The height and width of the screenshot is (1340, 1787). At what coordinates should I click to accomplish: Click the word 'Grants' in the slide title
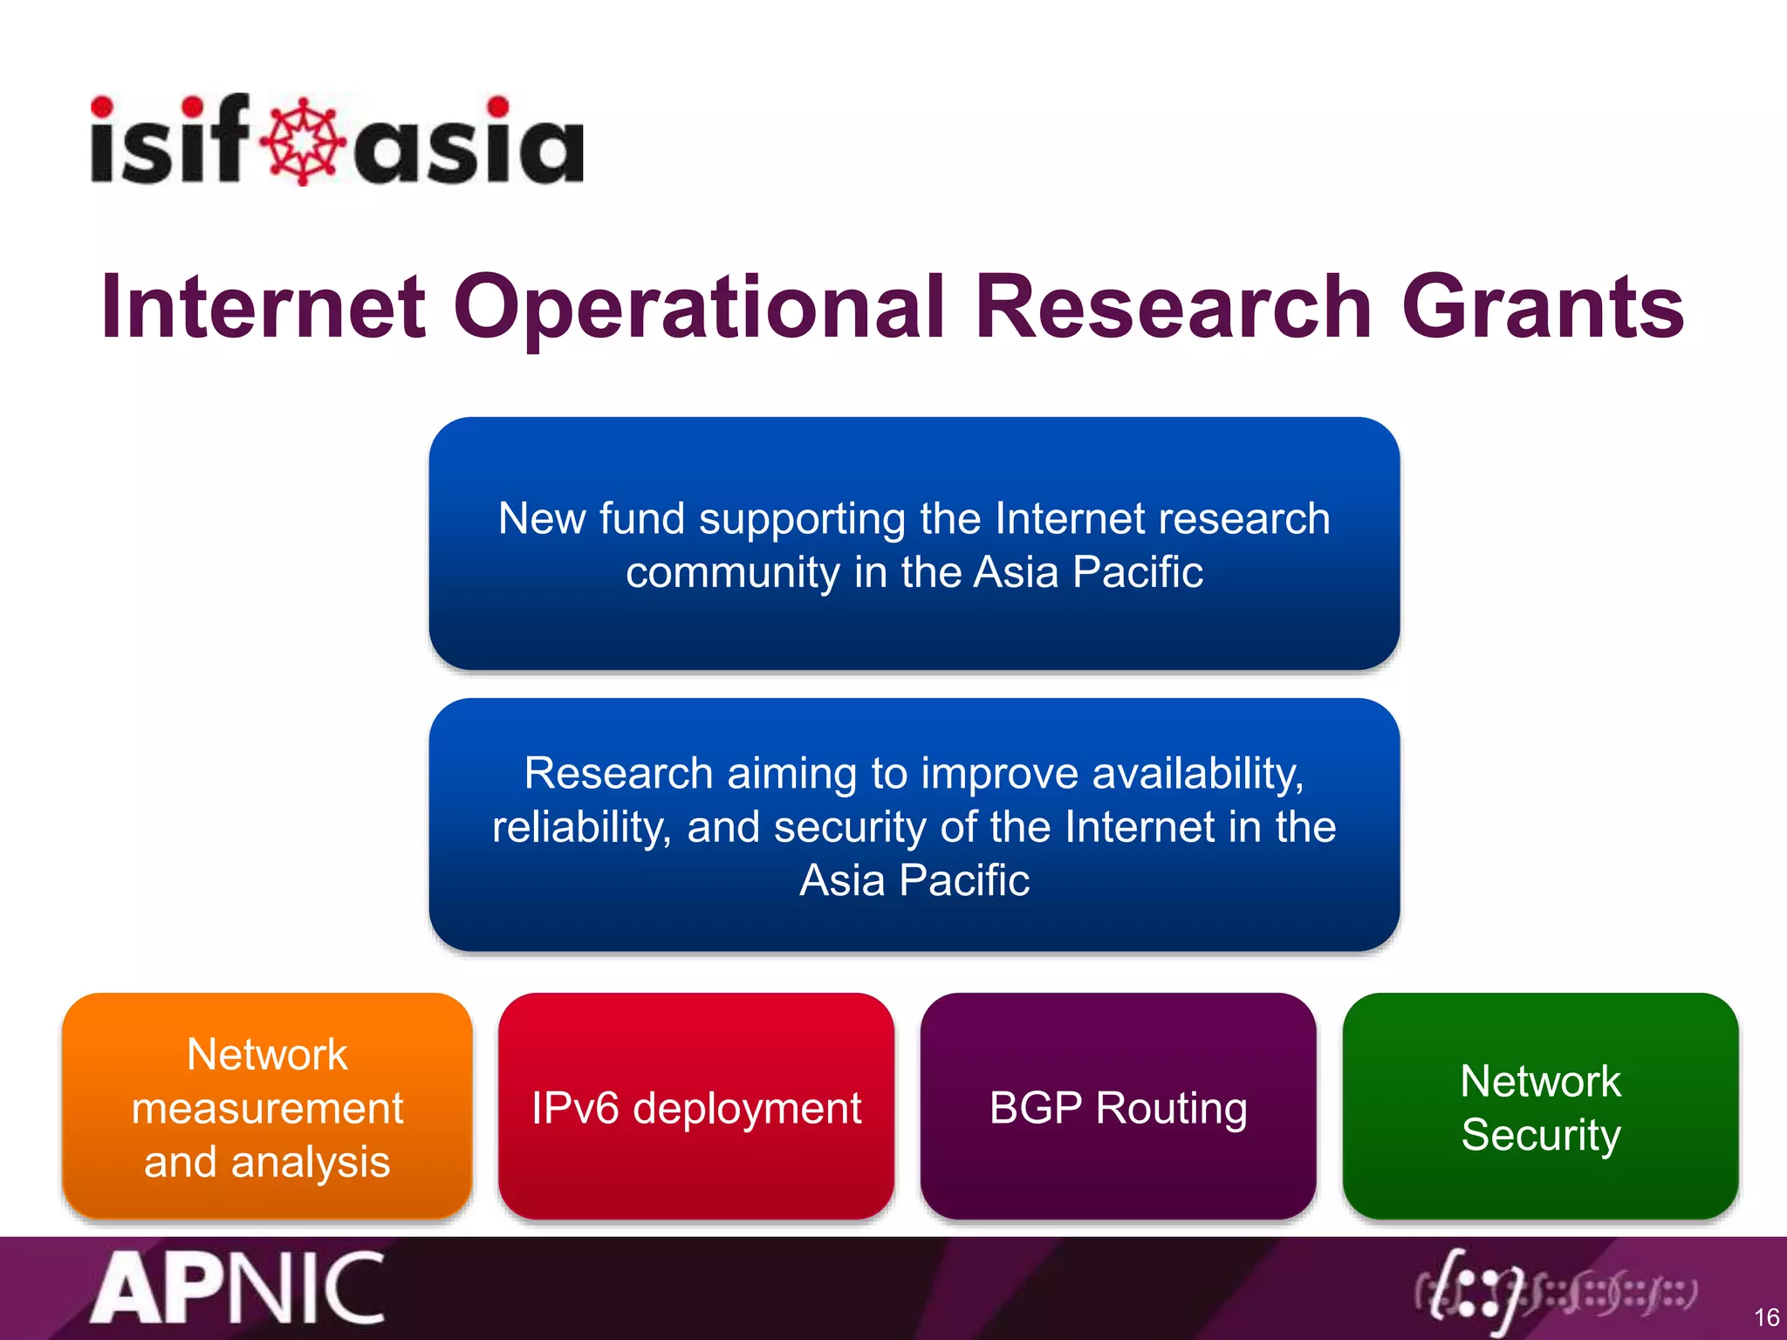[x=1543, y=307]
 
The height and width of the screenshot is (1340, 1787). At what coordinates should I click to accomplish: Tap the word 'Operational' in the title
[x=698, y=307]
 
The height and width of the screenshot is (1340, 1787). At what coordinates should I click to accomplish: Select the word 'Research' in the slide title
[x=1173, y=307]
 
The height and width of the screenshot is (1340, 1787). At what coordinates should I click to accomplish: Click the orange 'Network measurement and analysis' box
[x=267, y=1106]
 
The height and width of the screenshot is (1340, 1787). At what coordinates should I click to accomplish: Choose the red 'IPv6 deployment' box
[x=695, y=1106]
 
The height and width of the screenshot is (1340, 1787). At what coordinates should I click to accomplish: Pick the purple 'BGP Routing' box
[x=1118, y=1106]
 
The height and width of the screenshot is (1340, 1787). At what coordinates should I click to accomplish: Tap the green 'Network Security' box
[x=1540, y=1106]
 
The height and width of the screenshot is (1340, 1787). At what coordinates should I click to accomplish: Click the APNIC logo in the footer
[x=237, y=1289]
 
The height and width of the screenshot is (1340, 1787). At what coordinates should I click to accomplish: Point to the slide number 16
[x=1766, y=1316]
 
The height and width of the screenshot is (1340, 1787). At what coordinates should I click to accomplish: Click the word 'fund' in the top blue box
[x=641, y=518]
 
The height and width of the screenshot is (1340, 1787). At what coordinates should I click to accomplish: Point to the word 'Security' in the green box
[x=1540, y=1134]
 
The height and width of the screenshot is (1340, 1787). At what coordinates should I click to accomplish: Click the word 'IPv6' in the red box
[x=575, y=1108]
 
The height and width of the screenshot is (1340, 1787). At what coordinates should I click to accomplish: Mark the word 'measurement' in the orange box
[x=267, y=1108]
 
